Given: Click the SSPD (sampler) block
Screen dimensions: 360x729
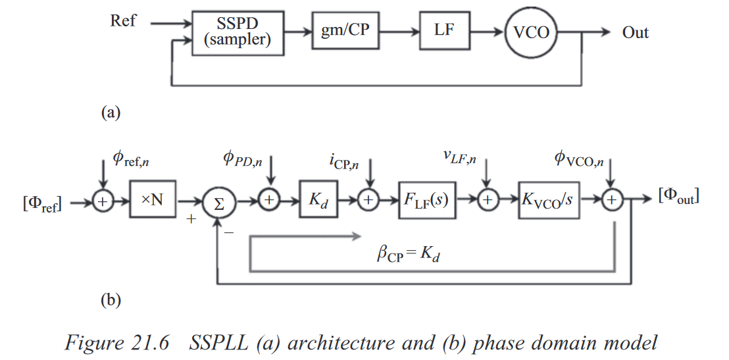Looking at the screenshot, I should tap(237, 32).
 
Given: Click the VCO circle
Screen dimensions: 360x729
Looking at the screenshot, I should tap(532, 32).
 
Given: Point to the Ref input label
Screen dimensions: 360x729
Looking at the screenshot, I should tap(124, 20).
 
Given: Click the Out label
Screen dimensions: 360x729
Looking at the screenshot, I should tap(635, 32).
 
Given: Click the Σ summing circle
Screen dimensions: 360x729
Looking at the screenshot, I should tap(218, 204).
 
